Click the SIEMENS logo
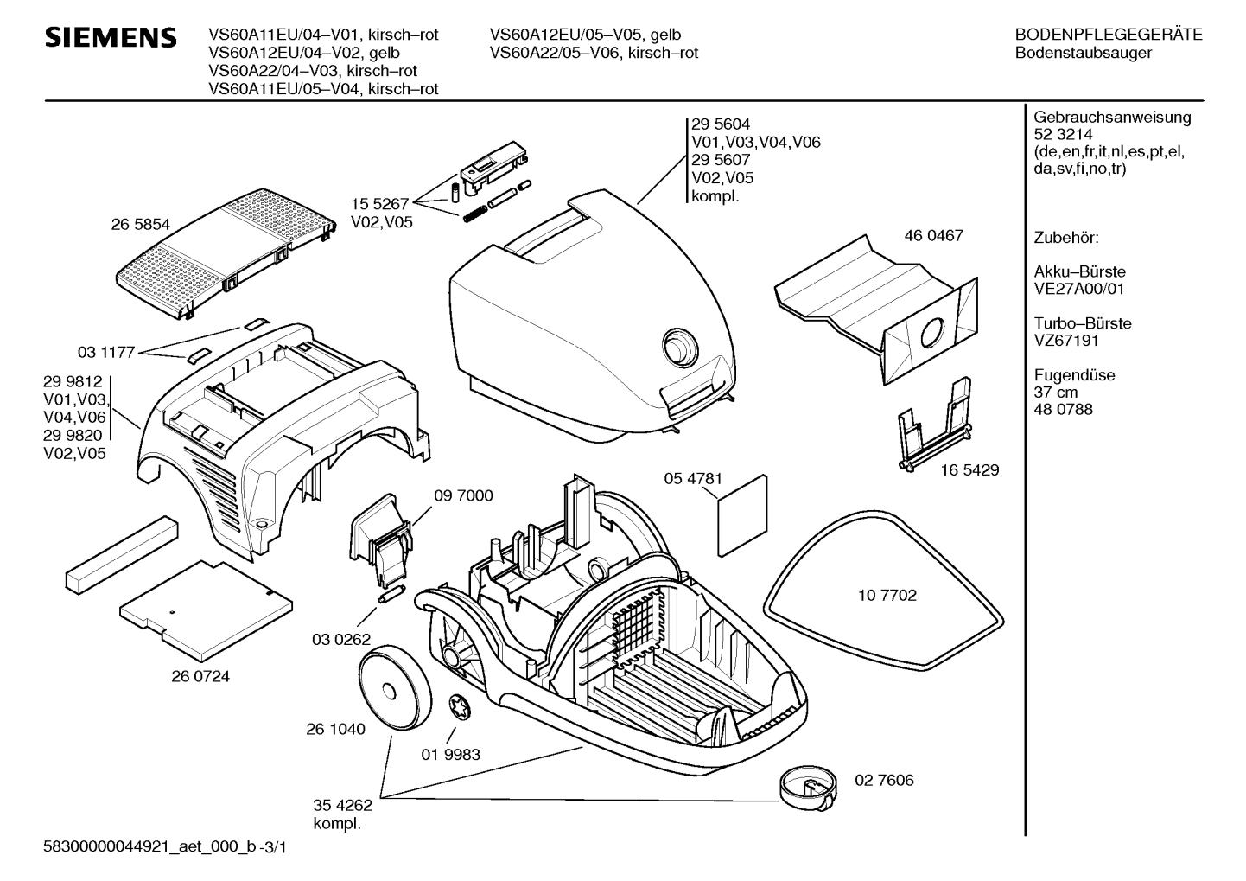[x=111, y=37]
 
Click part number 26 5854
[x=140, y=224]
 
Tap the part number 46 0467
[x=933, y=235]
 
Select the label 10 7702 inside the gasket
[x=887, y=596]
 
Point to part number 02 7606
[x=884, y=780]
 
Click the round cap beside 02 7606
[x=808, y=790]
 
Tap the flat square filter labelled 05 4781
[x=742, y=515]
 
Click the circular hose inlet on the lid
[x=680, y=348]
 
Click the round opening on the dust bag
[x=932, y=333]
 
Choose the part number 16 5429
[x=969, y=470]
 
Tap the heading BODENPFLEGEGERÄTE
[x=1109, y=35]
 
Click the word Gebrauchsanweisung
[x=1113, y=118]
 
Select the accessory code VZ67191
[x=1066, y=341]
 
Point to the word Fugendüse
[x=1075, y=375]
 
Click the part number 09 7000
[x=463, y=495]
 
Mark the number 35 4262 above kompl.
[x=343, y=805]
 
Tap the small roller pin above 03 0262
[x=392, y=594]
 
